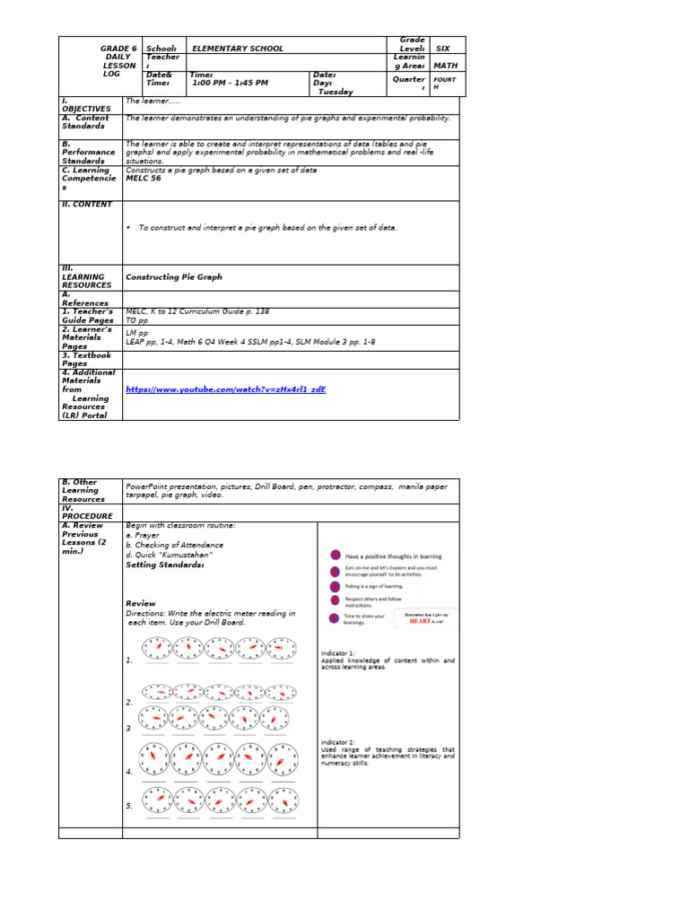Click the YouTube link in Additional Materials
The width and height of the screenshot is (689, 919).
225,389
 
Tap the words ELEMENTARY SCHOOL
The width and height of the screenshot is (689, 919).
237,48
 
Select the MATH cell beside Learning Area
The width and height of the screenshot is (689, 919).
446,65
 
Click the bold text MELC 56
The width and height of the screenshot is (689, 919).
144,178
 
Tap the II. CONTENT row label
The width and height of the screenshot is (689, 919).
87,204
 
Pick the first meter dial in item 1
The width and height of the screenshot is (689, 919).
158,647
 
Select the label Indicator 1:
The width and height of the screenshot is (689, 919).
338,652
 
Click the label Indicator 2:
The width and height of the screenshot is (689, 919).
338,742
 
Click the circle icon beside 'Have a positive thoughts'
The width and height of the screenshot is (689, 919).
335,556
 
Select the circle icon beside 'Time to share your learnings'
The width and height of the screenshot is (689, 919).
335,617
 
